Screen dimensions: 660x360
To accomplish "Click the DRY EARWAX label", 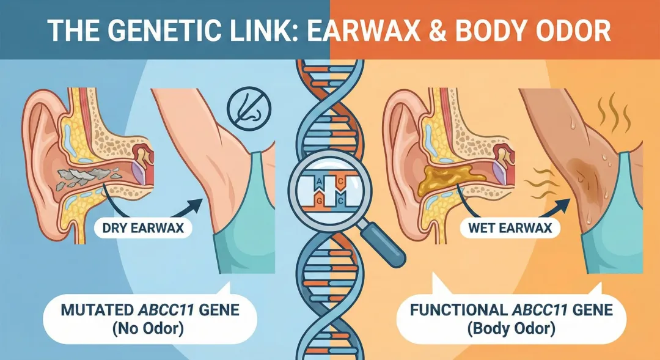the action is (x=144, y=228).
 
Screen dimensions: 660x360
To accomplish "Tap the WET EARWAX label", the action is (x=510, y=228).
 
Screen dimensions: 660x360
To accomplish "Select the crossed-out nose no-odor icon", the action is (x=249, y=110).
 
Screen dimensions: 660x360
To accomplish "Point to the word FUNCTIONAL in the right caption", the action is (x=459, y=310).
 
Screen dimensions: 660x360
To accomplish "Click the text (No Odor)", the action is (x=148, y=329).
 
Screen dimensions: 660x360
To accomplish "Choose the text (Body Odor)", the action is (x=511, y=329).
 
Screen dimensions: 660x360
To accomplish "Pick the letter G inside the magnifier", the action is (x=318, y=201).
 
